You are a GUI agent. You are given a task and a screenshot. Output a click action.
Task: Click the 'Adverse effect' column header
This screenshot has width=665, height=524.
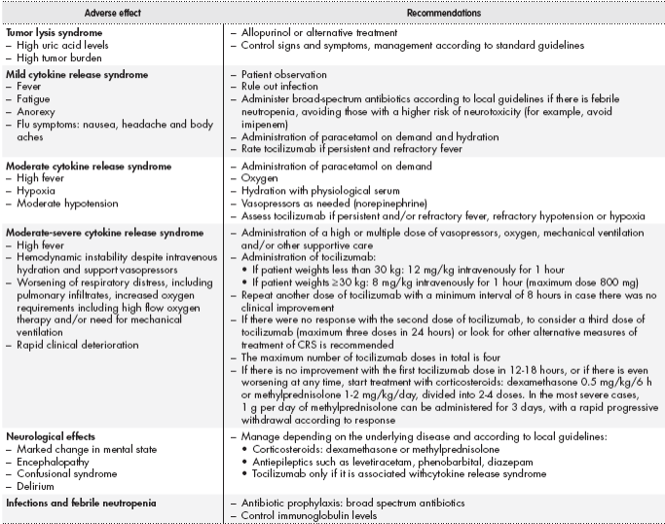click(111, 14)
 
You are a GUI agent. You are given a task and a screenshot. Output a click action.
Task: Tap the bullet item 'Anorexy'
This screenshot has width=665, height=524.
click(35, 110)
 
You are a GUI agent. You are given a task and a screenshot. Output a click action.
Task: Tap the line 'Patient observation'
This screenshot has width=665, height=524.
click(282, 75)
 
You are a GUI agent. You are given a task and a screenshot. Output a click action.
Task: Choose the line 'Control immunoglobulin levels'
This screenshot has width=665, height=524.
click(309, 514)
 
